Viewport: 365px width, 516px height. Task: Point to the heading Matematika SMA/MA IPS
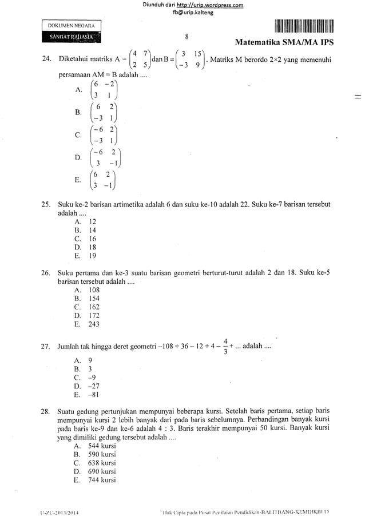coord(284,43)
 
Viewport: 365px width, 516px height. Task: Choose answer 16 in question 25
coord(93,239)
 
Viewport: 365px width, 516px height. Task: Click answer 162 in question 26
coord(94,307)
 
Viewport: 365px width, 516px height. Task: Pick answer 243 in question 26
coord(94,324)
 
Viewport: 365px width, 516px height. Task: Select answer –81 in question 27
coord(93,395)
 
